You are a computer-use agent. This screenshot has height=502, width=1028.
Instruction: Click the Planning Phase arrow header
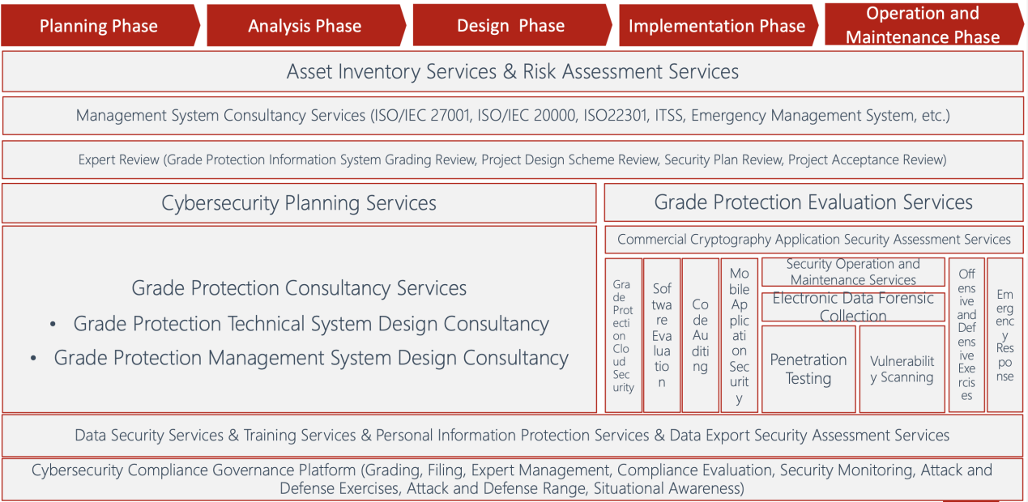(x=100, y=26)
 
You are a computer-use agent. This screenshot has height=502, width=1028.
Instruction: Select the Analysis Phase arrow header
(x=306, y=26)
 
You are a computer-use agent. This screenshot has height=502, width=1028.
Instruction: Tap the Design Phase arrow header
(x=512, y=26)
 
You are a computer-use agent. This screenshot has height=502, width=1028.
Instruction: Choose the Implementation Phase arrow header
(x=719, y=26)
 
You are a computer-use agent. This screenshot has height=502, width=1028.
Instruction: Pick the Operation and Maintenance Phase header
(x=923, y=25)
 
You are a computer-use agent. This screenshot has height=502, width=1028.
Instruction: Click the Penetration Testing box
(x=808, y=369)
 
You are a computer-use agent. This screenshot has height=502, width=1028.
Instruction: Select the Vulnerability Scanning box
(x=902, y=369)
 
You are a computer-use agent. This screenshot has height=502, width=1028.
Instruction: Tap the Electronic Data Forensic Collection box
(x=853, y=307)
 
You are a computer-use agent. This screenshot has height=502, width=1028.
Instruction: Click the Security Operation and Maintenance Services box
(x=853, y=272)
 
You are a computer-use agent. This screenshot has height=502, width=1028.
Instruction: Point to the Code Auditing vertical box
(x=701, y=335)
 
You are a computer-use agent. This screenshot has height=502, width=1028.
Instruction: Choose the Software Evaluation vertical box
(x=662, y=335)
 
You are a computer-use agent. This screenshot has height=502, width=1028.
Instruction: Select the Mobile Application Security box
(x=740, y=335)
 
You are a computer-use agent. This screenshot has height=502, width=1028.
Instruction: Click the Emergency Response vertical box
(x=1005, y=335)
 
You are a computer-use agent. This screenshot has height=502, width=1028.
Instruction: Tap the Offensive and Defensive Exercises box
(x=966, y=335)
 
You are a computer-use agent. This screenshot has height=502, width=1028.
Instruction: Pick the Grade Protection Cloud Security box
(x=623, y=335)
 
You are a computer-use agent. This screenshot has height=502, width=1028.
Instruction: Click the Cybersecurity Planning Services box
(x=299, y=202)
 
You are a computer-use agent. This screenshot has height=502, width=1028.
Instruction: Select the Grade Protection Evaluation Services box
(x=813, y=202)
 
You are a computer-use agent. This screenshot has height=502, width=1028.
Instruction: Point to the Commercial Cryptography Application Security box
(x=813, y=239)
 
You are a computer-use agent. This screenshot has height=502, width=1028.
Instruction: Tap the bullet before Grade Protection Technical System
(x=53, y=325)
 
